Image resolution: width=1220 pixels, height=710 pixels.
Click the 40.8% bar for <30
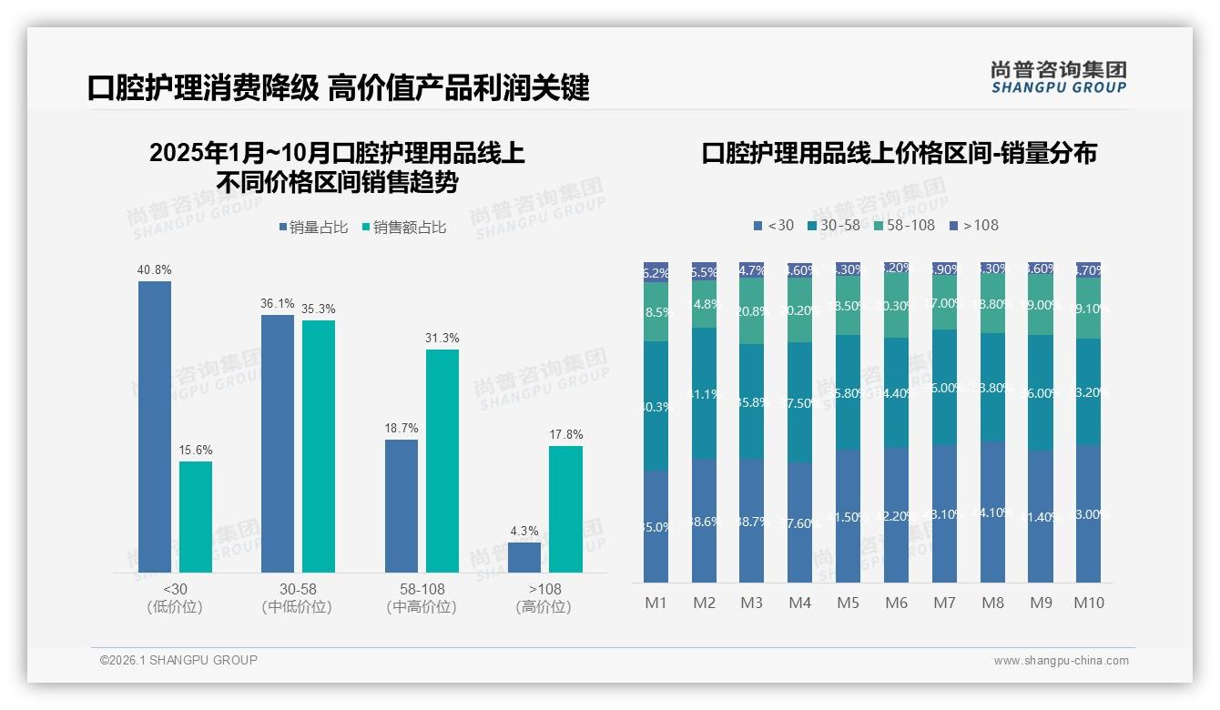[155, 426]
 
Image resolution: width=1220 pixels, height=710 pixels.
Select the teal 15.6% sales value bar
[196, 516]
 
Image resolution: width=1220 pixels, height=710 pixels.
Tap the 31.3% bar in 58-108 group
[442, 460]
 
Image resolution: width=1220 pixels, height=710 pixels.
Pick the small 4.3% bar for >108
[524, 557]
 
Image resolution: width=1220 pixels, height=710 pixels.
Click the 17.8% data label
[565, 435]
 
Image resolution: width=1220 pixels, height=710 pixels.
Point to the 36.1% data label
[278, 304]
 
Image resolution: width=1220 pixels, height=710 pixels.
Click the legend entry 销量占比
[313, 228]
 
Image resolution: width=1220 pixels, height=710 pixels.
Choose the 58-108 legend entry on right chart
[904, 225]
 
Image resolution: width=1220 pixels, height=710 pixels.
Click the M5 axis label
[848, 603]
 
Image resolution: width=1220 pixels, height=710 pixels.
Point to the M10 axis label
[1088, 603]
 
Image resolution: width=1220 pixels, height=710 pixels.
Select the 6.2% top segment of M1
[656, 272]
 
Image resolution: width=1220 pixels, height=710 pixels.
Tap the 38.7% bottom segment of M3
[752, 522]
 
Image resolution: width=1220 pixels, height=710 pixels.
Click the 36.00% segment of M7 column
[944, 387]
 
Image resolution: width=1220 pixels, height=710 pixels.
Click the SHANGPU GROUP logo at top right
[1058, 77]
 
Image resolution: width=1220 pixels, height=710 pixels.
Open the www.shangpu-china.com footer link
[1061, 661]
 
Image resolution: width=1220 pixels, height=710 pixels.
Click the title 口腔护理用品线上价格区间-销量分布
[899, 153]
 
